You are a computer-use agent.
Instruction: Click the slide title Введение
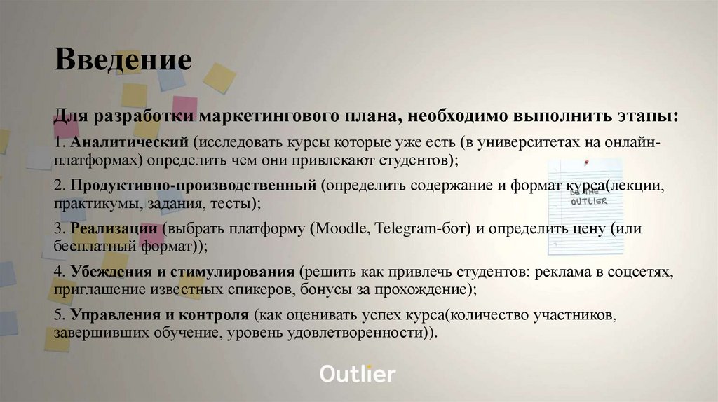(123, 60)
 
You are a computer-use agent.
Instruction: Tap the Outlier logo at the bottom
(358, 373)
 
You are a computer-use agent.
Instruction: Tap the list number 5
(58, 315)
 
